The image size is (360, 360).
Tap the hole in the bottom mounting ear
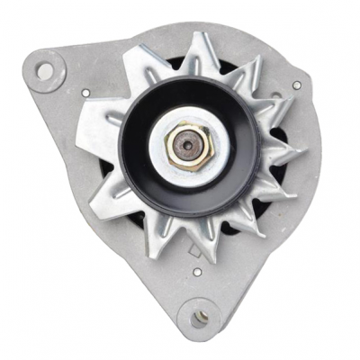(202, 316)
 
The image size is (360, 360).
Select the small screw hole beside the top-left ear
(85, 93)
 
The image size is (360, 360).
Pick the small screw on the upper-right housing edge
(296, 85)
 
